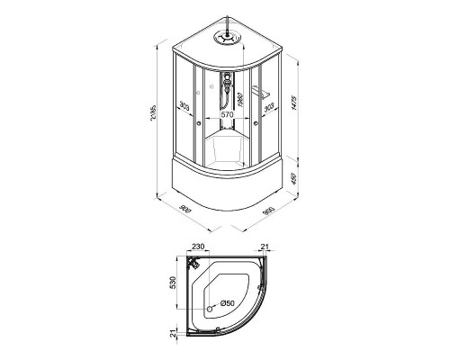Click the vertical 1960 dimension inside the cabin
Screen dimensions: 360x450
point(240,97)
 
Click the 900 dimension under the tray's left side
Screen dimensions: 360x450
point(185,210)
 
